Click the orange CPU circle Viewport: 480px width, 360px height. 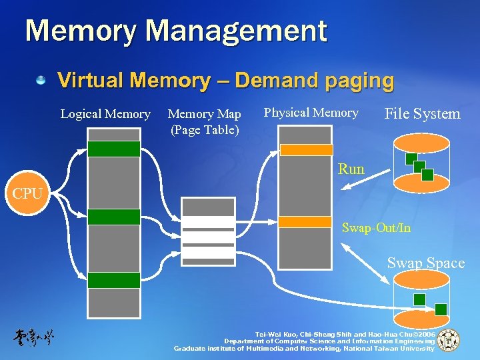click(x=27, y=195)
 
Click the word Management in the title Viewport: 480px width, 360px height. click(x=237, y=31)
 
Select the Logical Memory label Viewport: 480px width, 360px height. click(x=105, y=114)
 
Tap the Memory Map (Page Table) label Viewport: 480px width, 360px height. click(x=205, y=121)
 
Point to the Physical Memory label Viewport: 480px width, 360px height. click(x=311, y=113)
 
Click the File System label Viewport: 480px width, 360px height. click(x=423, y=114)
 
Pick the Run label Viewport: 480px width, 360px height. click(x=351, y=169)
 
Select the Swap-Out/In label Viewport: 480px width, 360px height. click(x=376, y=228)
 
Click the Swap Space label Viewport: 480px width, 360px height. click(x=426, y=263)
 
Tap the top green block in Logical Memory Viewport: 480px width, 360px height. click(x=114, y=149)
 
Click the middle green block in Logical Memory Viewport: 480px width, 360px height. click(x=114, y=217)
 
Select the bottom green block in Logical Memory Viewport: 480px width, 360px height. click(x=114, y=280)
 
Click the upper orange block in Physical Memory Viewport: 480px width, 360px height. click(x=305, y=150)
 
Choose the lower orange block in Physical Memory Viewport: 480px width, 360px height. click(x=305, y=221)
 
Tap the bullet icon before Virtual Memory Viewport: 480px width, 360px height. click(x=41, y=81)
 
